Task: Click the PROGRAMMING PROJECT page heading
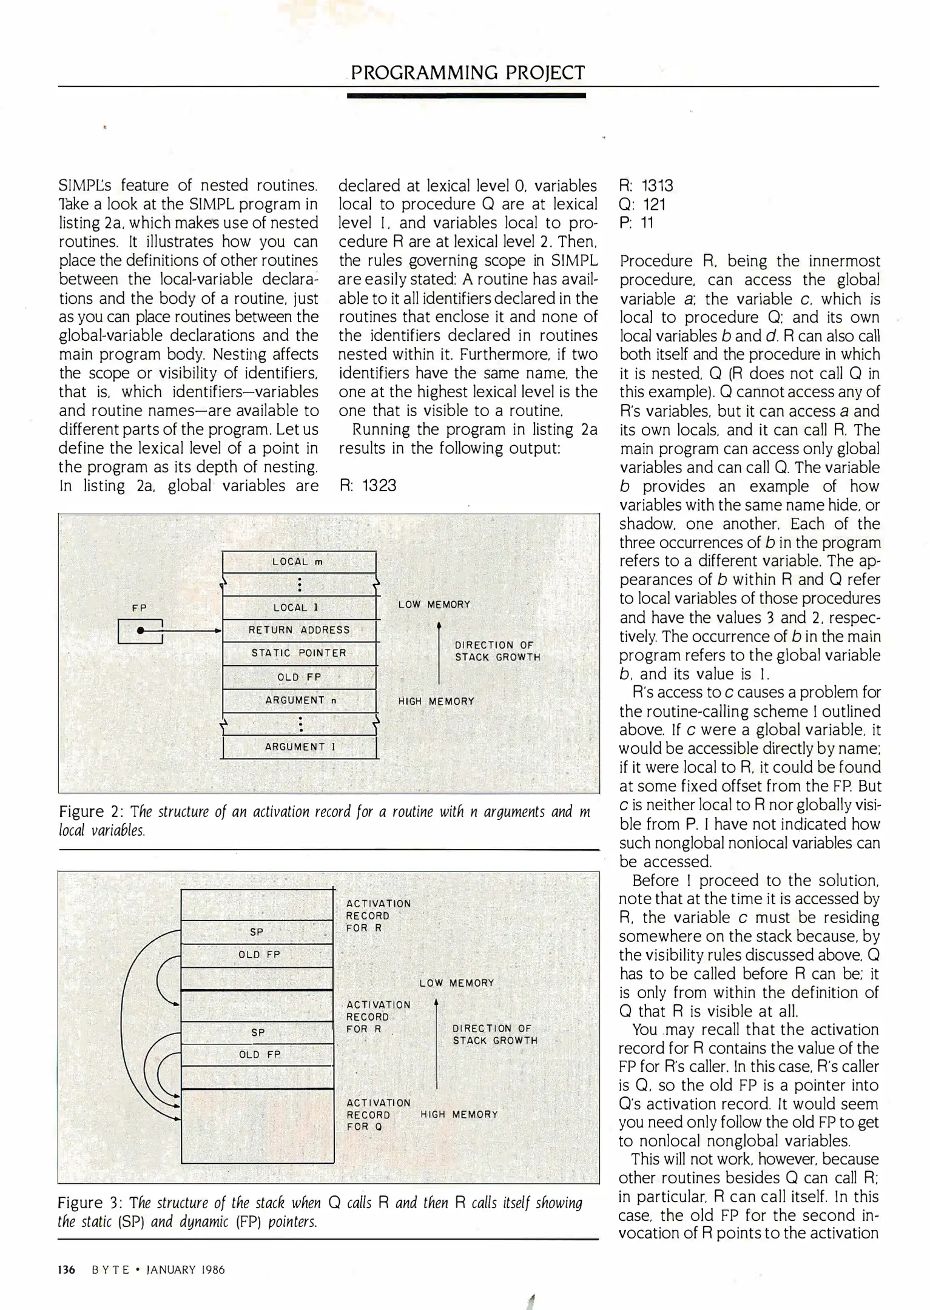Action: point(467,73)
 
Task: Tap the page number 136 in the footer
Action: point(67,1269)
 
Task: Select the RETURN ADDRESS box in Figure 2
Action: point(299,630)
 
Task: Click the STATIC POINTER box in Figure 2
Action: point(299,653)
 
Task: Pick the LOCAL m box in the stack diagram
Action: point(299,562)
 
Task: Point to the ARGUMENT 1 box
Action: point(299,747)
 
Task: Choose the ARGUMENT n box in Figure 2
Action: point(299,700)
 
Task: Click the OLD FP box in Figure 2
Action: point(299,677)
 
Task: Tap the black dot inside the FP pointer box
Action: point(140,631)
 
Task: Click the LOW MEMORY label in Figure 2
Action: point(434,605)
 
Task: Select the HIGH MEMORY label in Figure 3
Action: point(459,1114)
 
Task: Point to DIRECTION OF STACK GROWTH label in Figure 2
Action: point(497,651)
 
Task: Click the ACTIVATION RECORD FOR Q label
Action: point(369,1114)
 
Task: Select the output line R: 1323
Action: point(368,486)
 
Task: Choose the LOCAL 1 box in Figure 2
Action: point(299,607)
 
